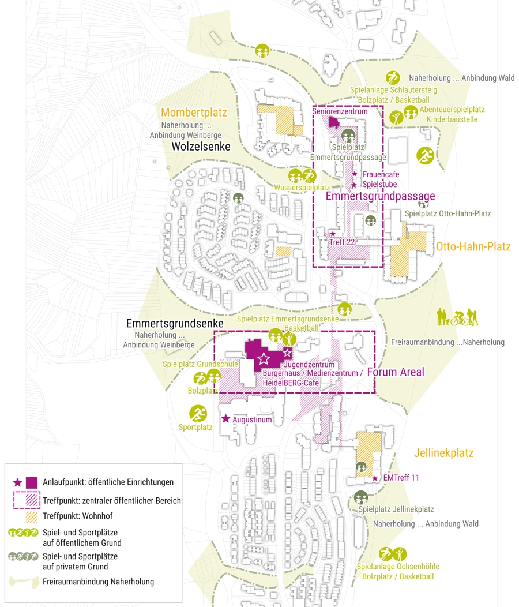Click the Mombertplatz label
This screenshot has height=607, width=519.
click(194, 113)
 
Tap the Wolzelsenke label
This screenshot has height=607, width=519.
click(201, 147)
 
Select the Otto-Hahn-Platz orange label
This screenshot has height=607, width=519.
click(473, 247)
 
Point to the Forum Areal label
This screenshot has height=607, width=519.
click(395, 372)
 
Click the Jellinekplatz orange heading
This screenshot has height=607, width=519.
click(443, 454)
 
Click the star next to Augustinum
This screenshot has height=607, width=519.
click(225, 419)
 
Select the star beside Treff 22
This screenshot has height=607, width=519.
click(332, 234)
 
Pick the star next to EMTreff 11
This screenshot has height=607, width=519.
click(375, 478)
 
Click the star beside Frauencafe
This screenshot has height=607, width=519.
click(355, 174)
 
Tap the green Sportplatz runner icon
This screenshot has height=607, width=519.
click(198, 413)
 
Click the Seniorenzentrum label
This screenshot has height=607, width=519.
click(340, 111)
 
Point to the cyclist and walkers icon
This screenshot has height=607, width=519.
click(457, 317)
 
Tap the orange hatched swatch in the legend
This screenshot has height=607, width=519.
click(32, 516)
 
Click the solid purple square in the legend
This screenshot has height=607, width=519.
click(32, 482)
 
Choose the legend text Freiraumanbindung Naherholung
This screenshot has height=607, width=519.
click(98, 582)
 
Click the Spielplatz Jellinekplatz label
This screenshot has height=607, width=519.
click(396, 509)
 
